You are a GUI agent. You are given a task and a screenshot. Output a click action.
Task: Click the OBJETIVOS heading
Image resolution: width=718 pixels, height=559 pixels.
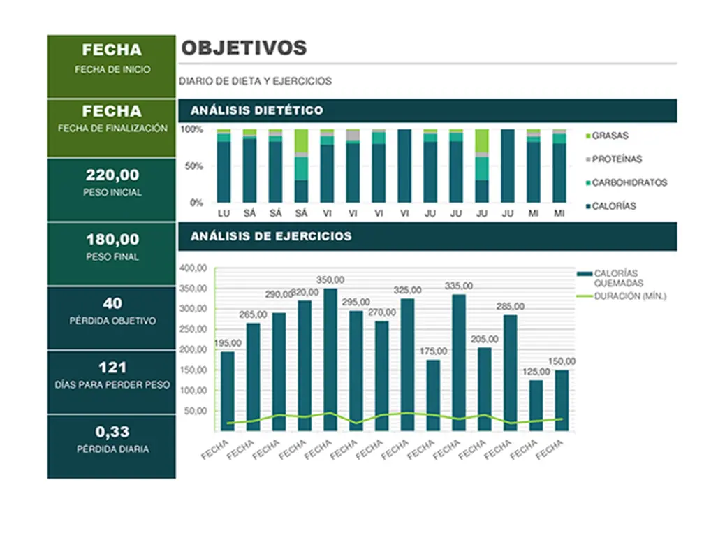click(x=244, y=48)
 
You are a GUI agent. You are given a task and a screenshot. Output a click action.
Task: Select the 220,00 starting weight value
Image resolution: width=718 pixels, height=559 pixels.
click(x=112, y=175)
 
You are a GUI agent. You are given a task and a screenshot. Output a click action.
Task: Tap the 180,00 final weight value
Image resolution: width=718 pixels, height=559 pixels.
click(x=112, y=239)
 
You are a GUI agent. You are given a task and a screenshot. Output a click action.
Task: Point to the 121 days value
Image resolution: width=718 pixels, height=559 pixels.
click(x=112, y=368)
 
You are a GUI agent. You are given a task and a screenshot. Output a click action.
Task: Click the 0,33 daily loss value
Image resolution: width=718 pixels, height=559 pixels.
click(x=112, y=432)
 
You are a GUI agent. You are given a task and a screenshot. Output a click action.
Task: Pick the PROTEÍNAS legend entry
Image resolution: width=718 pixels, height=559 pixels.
click(x=616, y=159)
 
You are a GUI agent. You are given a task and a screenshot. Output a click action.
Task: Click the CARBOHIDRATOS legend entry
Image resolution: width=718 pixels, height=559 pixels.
click(x=629, y=183)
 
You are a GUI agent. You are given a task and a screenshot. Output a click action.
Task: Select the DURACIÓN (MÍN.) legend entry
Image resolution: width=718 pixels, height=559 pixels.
click(x=630, y=296)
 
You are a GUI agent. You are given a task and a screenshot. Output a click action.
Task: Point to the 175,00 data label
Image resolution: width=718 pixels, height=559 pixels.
click(x=433, y=350)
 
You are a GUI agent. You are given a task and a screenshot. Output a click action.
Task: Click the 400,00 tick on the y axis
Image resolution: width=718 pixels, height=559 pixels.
click(x=193, y=268)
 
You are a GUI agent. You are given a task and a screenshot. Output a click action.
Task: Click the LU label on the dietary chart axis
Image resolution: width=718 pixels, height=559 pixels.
click(x=224, y=212)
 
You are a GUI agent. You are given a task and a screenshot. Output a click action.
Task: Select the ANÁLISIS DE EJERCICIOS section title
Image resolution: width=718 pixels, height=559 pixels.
click(x=271, y=236)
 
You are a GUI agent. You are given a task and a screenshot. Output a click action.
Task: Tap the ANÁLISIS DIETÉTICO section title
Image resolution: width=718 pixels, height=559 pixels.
click(x=256, y=110)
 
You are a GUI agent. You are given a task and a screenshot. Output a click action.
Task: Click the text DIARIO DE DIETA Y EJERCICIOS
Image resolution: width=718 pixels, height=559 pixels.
click(x=256, y=82)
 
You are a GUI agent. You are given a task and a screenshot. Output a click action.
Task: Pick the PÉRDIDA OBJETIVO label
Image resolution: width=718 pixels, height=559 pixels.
click(x=112, y=321)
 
